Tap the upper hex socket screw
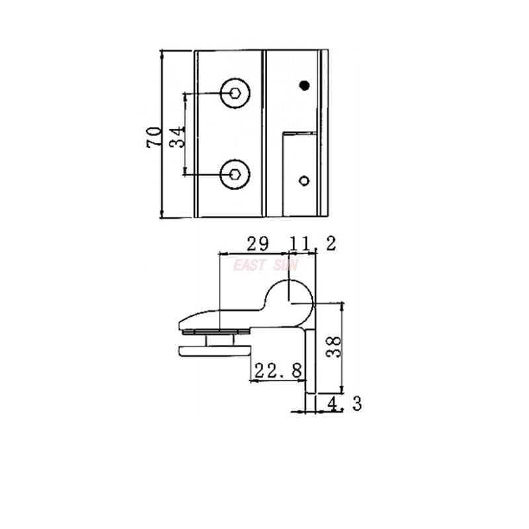tap(234, 93)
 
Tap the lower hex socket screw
tap(234, 175)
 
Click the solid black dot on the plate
tap(304, 85)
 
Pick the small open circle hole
tap(304, 180)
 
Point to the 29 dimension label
tap(257, 244)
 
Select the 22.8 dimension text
tap(277, 371)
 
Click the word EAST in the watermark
tap(249, 265)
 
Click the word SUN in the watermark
tap(286, 265)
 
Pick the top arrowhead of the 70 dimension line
tap(162, 54)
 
